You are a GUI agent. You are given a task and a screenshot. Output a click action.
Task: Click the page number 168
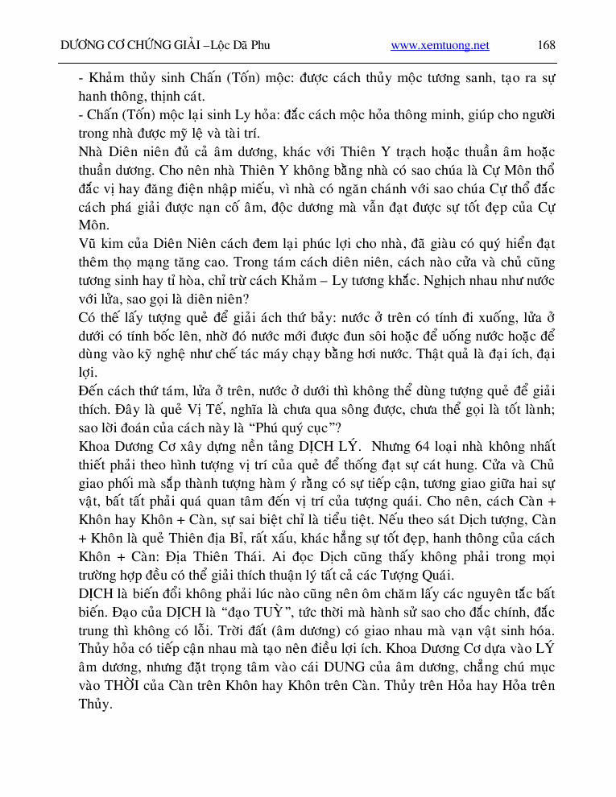tap(546, 45)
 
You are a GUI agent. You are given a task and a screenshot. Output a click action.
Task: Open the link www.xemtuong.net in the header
tap(440, 45)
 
